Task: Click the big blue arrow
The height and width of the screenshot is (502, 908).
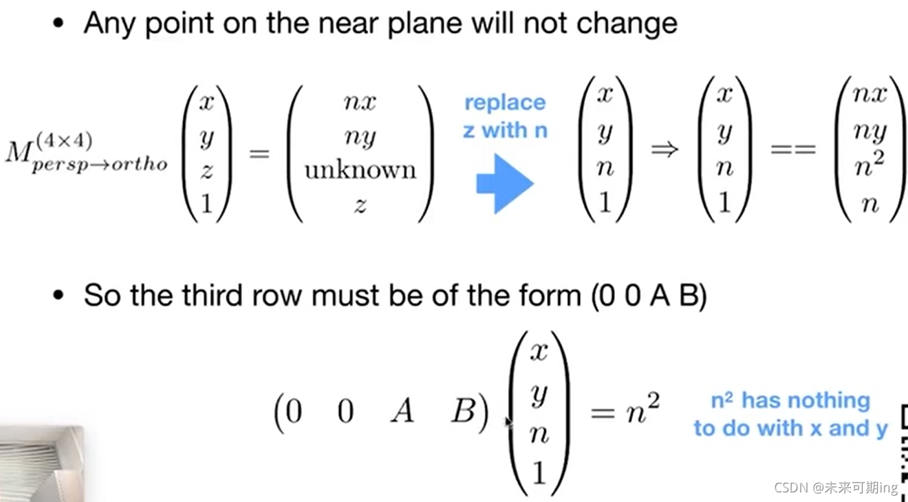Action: pyautogui.click(x=505, y=182)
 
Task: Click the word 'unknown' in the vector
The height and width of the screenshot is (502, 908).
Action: pyautogui.click(x=360, y=170)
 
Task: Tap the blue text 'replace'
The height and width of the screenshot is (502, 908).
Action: pyautogui.click(x=505, y=103)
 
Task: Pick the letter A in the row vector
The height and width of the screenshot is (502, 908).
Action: pyautogui.click(x=402, y=412)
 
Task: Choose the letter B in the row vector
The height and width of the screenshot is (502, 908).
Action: pyautogui.click(x=464, y=412)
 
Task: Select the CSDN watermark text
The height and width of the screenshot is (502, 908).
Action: pyautogui.click(x=836, y=488)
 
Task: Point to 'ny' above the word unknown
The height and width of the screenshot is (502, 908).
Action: pyautogui.click(x=360, y=138)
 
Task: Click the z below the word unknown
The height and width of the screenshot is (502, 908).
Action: pyautogui.click(x=360, y=204)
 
